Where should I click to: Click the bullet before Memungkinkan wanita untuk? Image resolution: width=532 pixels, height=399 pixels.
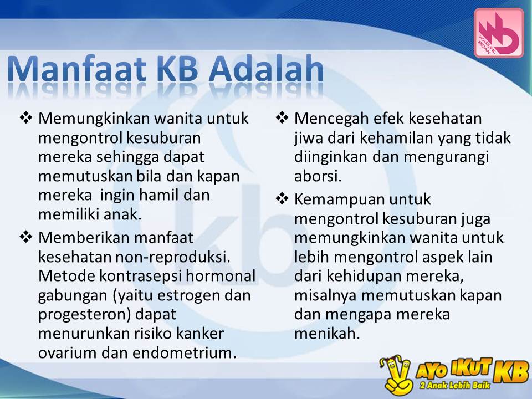click(25, 118)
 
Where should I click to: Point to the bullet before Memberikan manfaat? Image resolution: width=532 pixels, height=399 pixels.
click(25, 238)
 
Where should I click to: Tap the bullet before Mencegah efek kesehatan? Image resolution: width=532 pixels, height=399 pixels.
click(282, 118)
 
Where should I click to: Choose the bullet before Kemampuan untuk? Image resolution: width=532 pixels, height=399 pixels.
click(282, 198)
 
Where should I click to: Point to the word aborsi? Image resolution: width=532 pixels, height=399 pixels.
click(318, 176)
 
